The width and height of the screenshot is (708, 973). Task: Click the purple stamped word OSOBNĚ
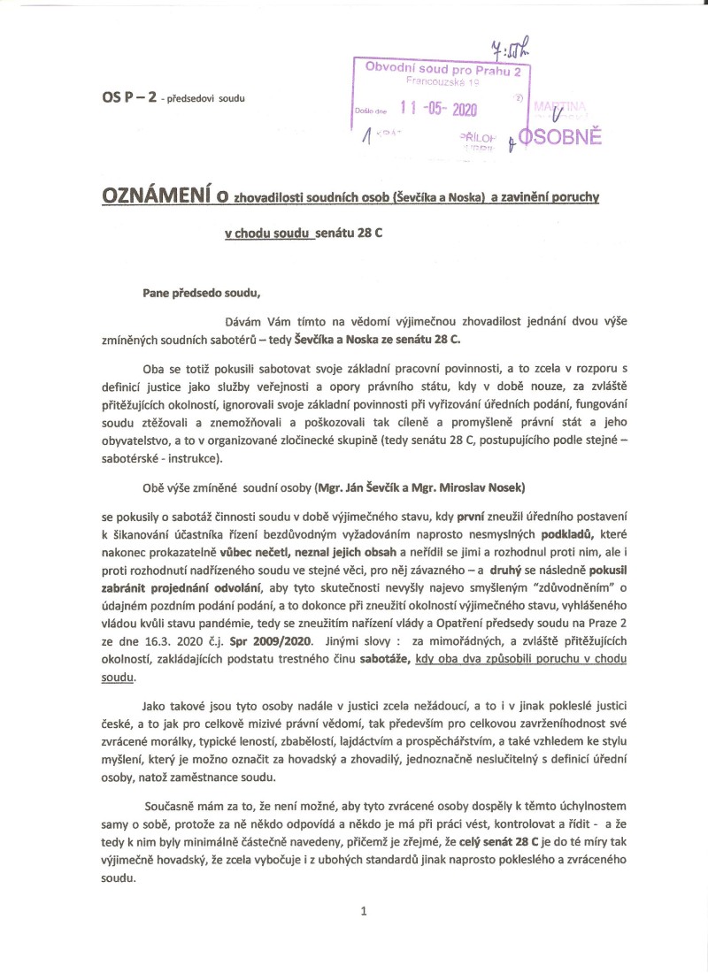click(x=560, y=137)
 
